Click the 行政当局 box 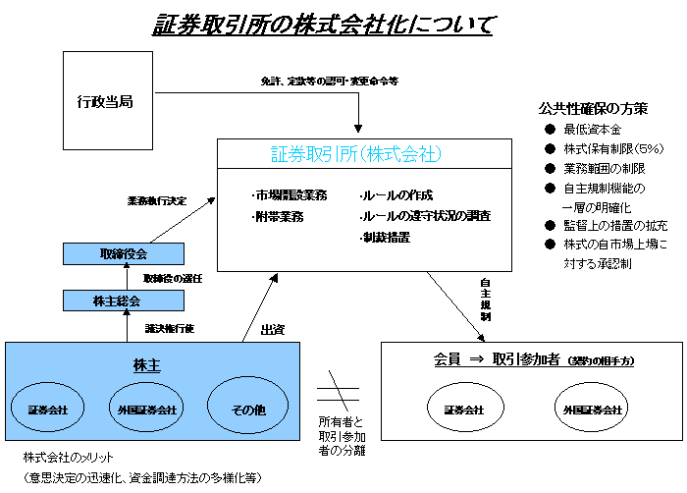(106, 100)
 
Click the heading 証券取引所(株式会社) (355, 154)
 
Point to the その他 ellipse (246, 409)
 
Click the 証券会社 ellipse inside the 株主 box (48, 409)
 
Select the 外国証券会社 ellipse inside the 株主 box (147, 409)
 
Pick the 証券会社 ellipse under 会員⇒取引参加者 (464, 409)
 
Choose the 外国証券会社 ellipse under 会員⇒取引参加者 (592, 409)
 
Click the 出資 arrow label (272, 329)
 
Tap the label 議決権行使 (170, 328)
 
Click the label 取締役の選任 (173, 278)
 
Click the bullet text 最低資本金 (592, 130)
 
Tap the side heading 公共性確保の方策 (593, 108)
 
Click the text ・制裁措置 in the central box (384, 237)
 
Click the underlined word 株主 (146, 365)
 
